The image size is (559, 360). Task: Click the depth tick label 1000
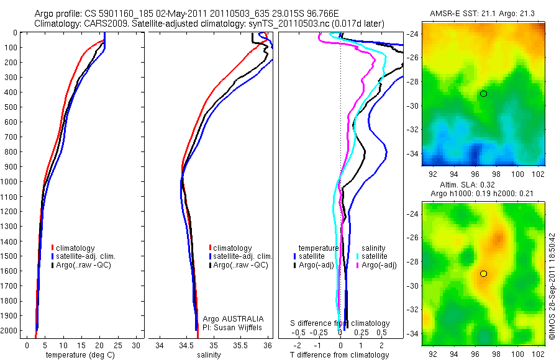11,182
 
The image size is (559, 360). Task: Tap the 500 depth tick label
12,107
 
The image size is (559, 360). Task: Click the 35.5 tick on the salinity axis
241,344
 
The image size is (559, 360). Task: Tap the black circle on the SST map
483,94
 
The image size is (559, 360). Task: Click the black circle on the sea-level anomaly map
483,274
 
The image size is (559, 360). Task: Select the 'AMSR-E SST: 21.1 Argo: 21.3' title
483,14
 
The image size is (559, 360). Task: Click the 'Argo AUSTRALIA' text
229,318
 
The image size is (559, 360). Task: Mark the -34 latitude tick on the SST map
413,153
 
